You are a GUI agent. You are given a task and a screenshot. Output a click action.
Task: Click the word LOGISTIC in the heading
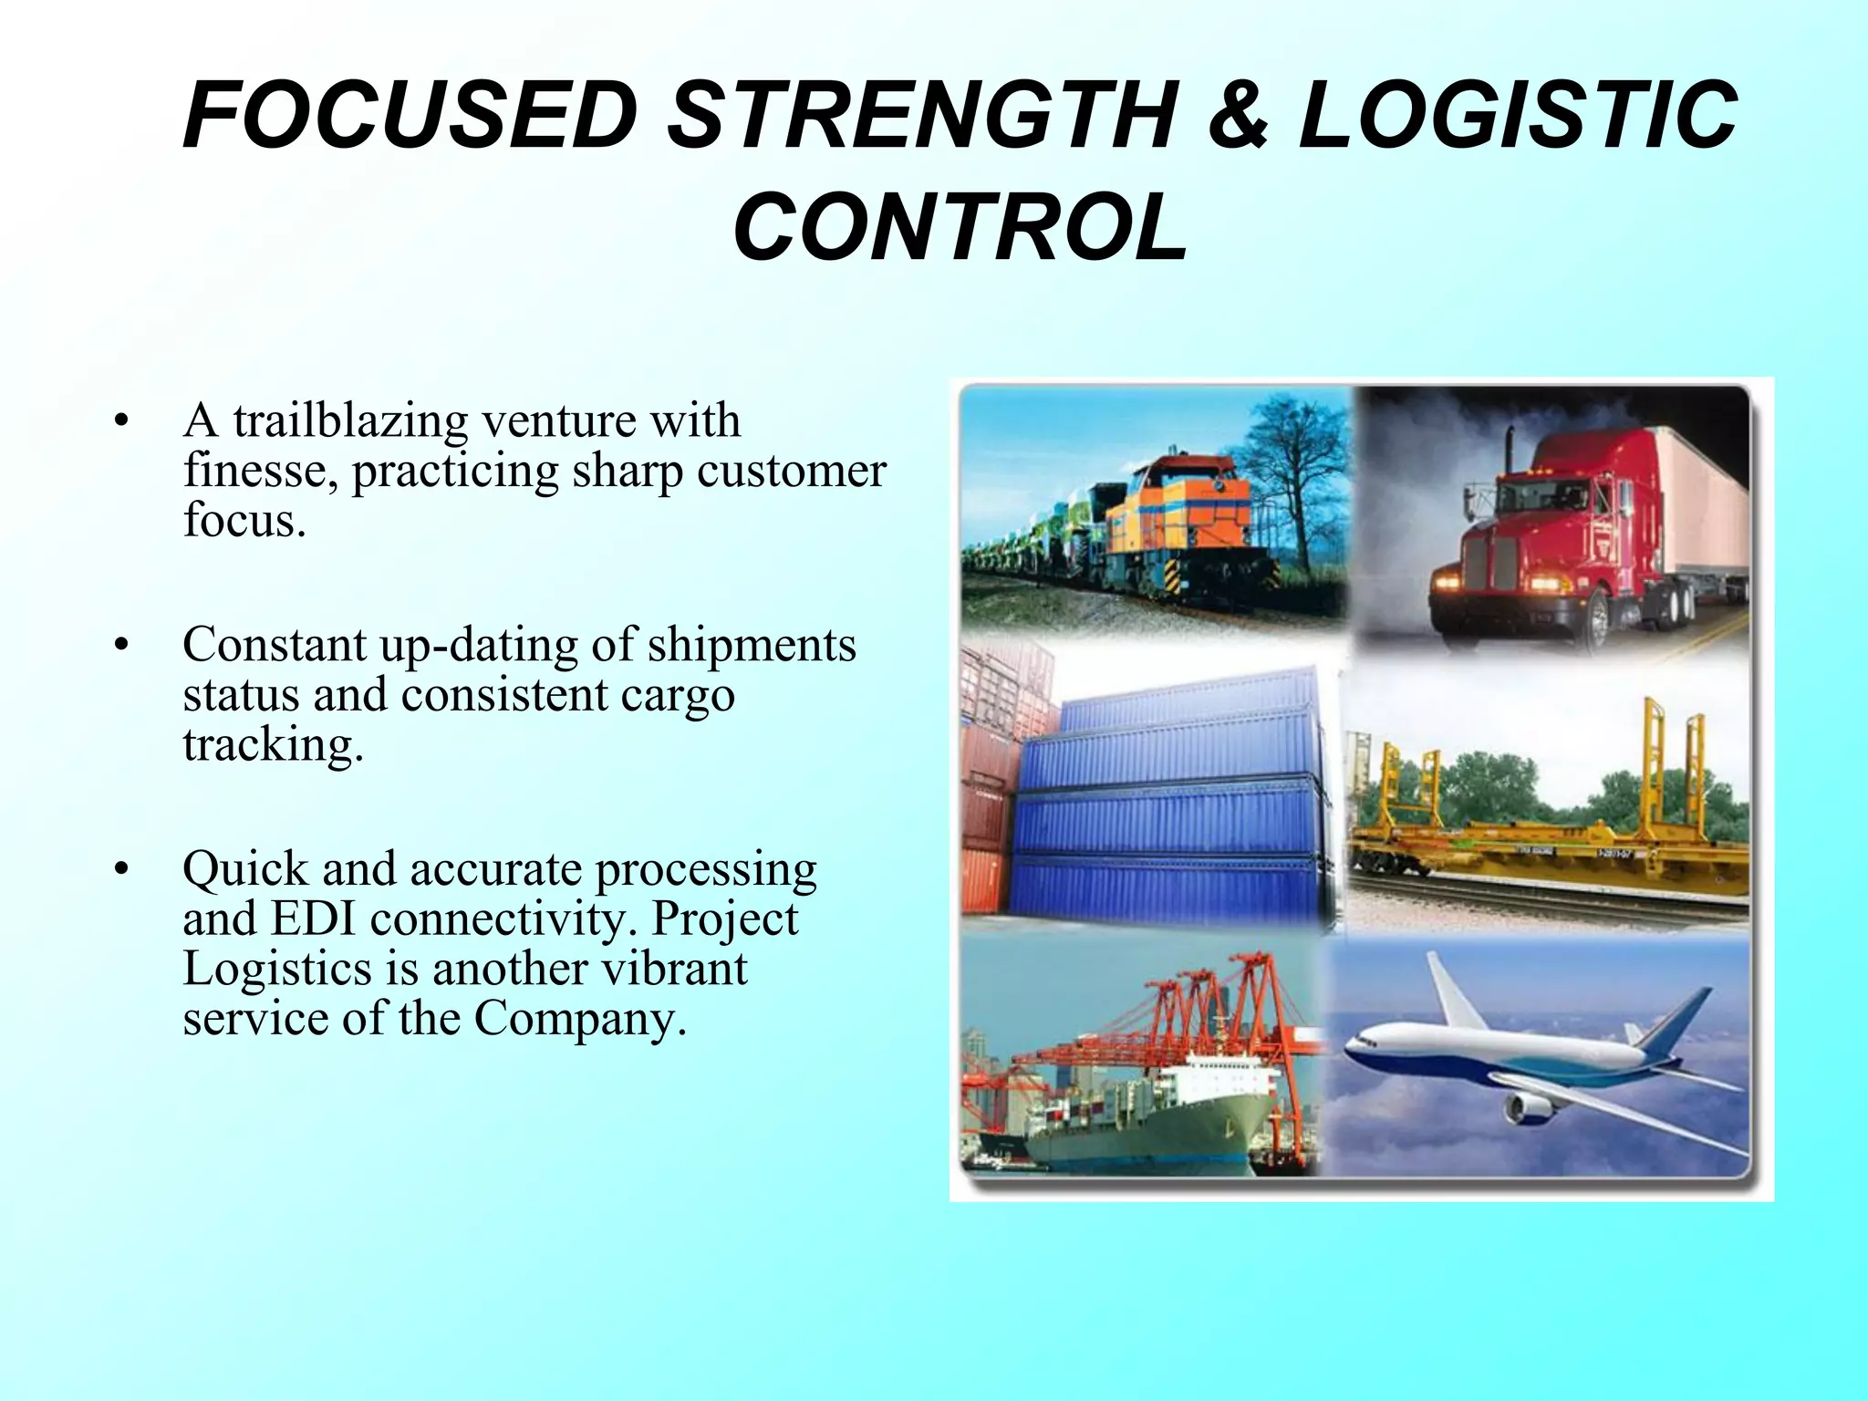1516,116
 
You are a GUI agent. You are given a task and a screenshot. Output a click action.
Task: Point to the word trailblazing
350,421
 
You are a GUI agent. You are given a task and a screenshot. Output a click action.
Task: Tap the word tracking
273,745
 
